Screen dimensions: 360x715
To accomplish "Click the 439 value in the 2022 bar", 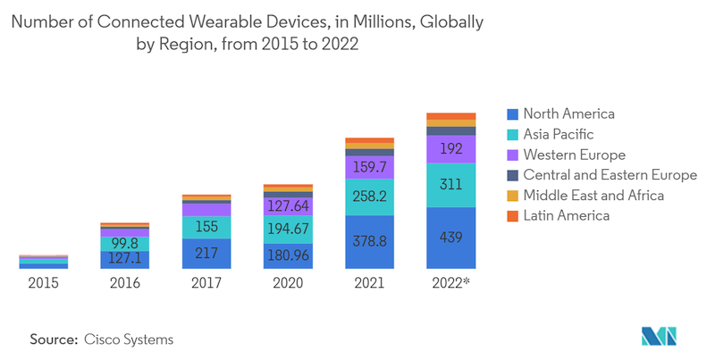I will (x=450, y=238).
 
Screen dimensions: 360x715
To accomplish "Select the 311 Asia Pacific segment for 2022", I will (x=450, y=186).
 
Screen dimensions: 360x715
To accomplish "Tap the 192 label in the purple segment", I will (x=450, y=149).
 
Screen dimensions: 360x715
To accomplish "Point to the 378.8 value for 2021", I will (x=369, y=242).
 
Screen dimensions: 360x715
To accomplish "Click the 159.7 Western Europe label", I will (x=369, y=167).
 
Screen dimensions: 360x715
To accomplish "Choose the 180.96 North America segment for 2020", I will (x=288, y=254).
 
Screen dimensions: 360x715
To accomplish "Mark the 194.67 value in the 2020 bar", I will (x=288, y=228).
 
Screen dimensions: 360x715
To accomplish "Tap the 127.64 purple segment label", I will (x=288, y=206).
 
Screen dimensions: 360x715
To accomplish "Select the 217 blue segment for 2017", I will (x=206, y=254).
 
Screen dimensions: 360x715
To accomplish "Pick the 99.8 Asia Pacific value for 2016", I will (x=125, y=243).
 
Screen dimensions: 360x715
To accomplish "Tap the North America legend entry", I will (x=568, y=113).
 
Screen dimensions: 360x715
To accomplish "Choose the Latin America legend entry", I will (x=566, y=215).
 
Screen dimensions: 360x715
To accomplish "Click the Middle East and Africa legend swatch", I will (x=512, y=196).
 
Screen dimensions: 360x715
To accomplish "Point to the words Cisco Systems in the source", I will (x=129, y=339).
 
